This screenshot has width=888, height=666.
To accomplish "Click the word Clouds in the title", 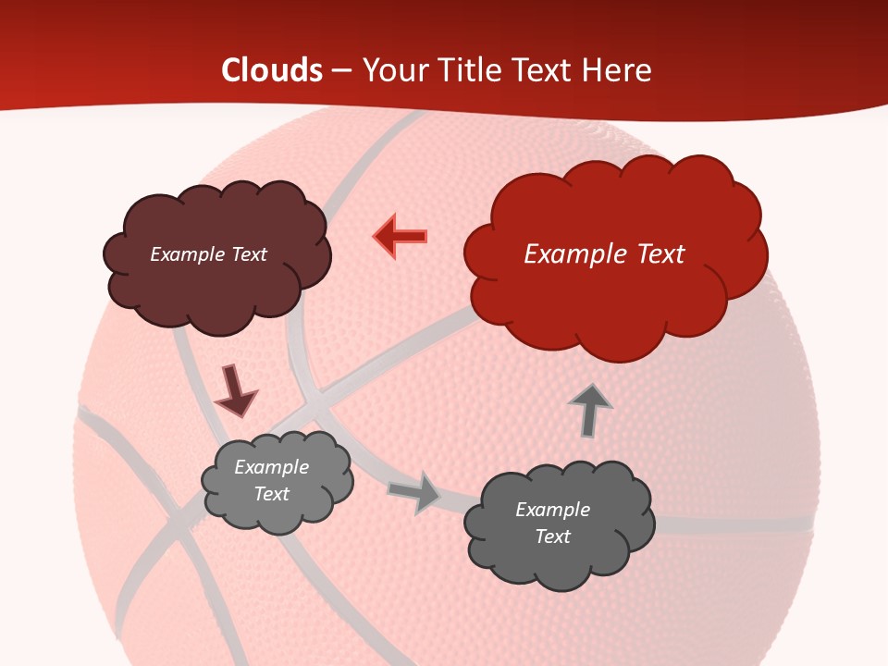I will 272,70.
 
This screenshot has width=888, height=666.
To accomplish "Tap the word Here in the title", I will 619,70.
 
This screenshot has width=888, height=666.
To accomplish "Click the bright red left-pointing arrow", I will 401,236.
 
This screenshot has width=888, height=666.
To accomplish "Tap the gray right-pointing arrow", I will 415,492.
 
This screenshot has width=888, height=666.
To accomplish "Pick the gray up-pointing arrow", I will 589,410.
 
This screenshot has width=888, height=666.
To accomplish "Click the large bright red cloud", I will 610,296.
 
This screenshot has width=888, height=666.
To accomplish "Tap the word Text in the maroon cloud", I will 247,254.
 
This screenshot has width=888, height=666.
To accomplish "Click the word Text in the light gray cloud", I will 272,494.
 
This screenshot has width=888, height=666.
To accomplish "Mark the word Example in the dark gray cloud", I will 552,510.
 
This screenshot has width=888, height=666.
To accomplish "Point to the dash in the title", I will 340,70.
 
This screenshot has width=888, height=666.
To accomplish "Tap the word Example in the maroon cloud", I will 186,254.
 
